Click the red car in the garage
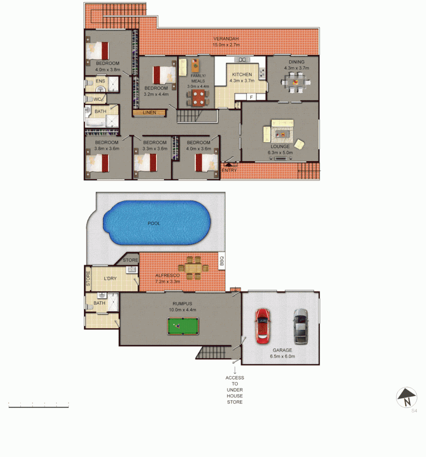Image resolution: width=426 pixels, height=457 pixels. pyautogui.click(x=262, y=325)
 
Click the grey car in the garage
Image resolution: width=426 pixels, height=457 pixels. pyautogui.click(x=300, y=326)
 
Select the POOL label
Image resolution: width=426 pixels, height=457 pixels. pyautogui.click(x=154, y=223)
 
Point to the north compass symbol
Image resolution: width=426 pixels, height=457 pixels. pyautogui.click(x=407, y=398)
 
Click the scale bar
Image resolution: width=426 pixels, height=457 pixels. pyautogui.click(x=39, y=407)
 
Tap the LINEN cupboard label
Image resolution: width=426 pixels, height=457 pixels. pyautogui.click(x=149, y=113)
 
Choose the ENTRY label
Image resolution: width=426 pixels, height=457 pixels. pyautogui.click(x=229, y=170)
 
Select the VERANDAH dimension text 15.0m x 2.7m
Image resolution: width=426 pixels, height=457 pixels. pyautogui.click(x=226, y=44)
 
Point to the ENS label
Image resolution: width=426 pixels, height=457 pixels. pyautogui.click(x=100, y=81)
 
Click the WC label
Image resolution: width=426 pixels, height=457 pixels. pyautogui.click(x=97, y=99)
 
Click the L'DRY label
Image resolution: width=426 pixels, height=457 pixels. pyautogui.click(x=110, y=278)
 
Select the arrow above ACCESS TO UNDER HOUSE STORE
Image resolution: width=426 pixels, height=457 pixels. pyautogui.click(x=235, y=370)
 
